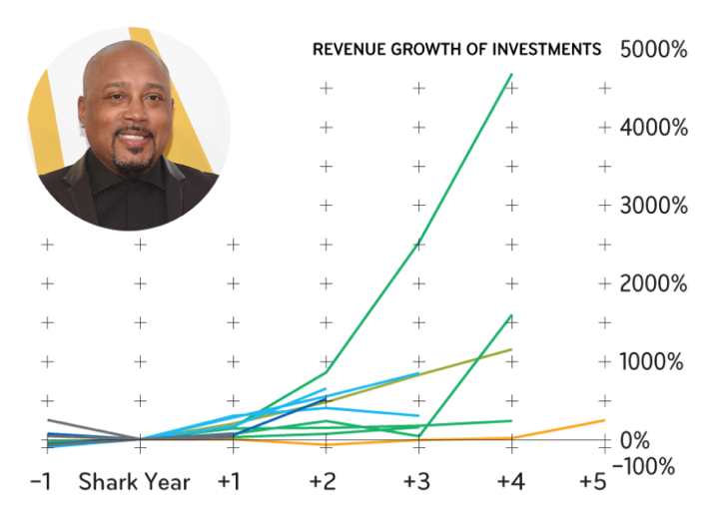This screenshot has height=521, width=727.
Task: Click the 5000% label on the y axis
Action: pos(653,49)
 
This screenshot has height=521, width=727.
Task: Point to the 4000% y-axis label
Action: pos(653,128)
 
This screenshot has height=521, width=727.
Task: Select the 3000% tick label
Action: pos(653,206)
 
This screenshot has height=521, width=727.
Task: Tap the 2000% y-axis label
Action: pos(653,283)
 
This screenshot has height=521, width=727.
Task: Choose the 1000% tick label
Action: pos(653,361)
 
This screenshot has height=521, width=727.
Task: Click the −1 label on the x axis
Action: pos(40,482)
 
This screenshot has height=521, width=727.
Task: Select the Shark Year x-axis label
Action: pos(135,482)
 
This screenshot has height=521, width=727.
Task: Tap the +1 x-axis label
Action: pos(229,482)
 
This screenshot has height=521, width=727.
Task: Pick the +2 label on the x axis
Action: pos(322,482)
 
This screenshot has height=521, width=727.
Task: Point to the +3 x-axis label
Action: pos(415,482)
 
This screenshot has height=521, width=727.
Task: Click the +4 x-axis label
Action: pos(509,482)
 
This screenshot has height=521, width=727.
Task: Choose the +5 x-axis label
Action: pos(593,482)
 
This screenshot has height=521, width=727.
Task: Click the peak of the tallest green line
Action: pos(511,74)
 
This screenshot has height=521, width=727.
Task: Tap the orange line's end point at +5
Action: pos(604,420)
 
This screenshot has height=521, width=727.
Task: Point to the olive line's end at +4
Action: pos(511,349)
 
